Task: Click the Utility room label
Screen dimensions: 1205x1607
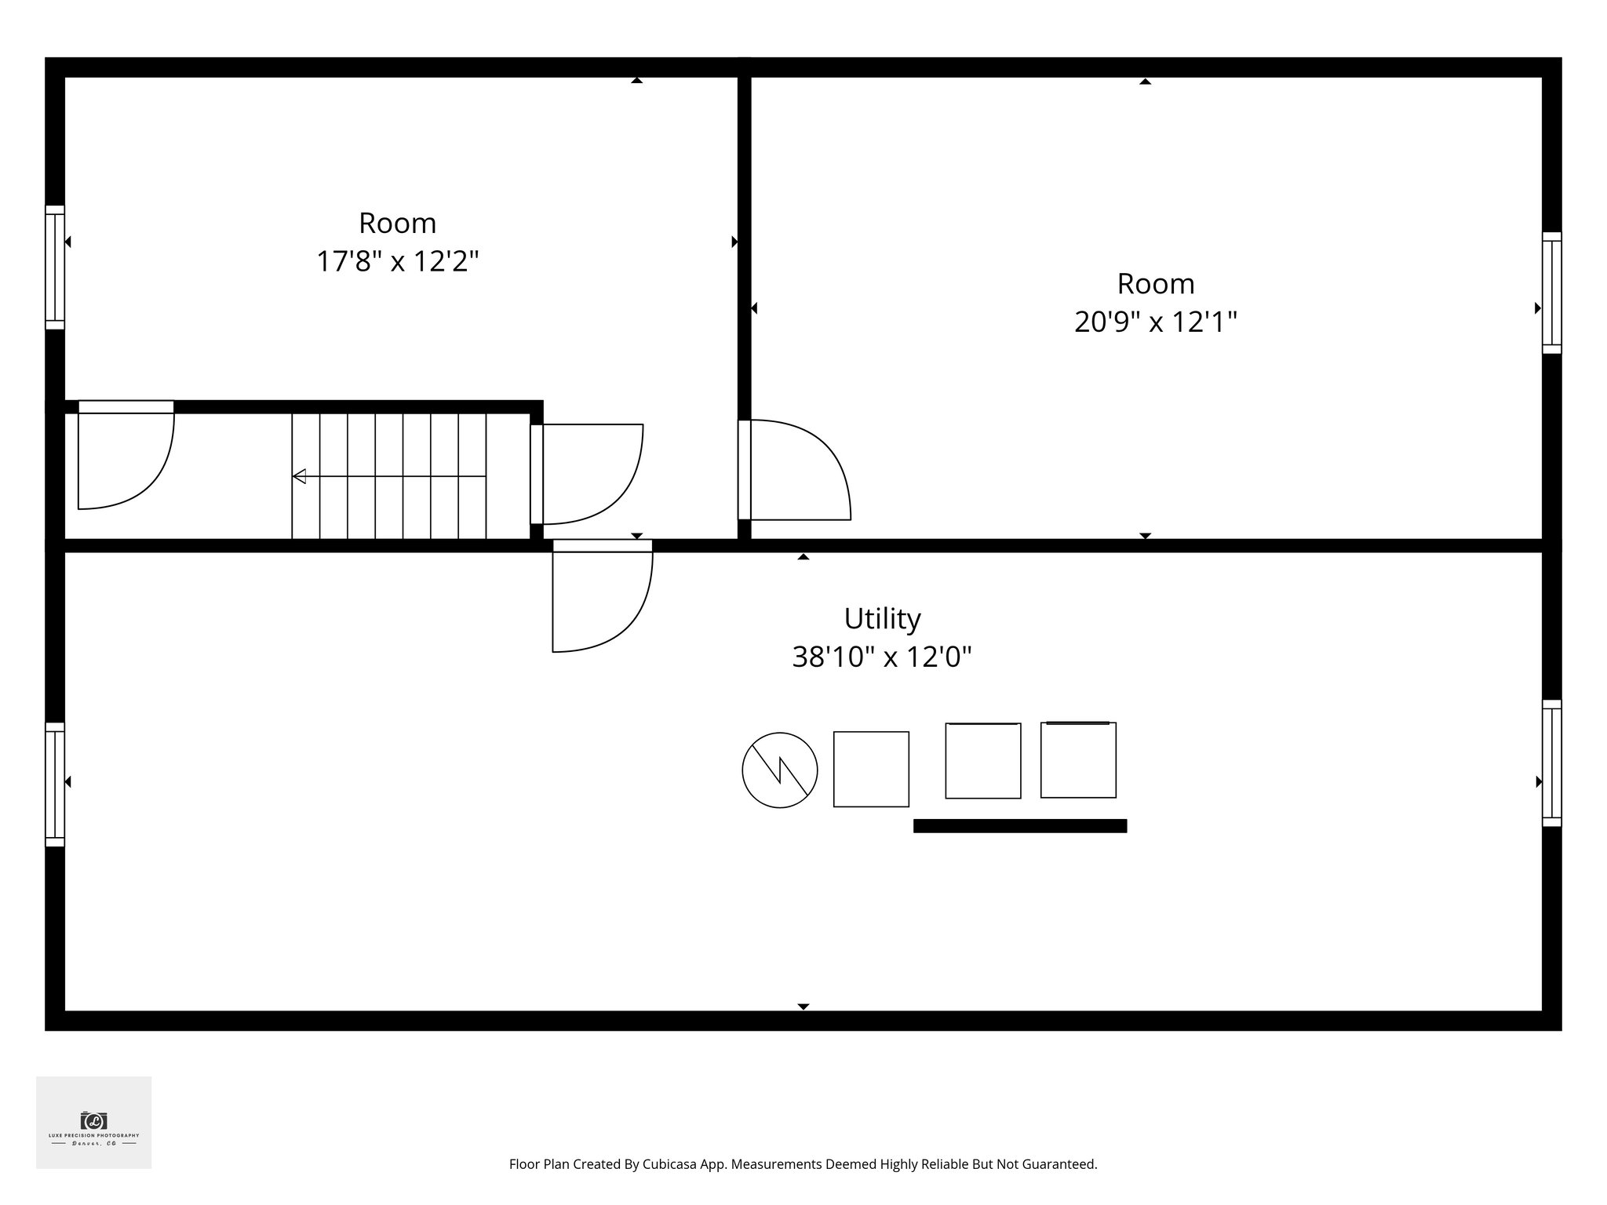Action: click(882, 619)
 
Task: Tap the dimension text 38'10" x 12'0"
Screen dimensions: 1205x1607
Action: click(882, 657)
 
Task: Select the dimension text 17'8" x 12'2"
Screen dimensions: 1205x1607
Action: click(397, 261)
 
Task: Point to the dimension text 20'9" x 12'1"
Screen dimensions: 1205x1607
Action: click(1155, 322)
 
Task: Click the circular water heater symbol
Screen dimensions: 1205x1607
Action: click(779, 770)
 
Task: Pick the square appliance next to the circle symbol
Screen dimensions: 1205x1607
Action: click(871, 769)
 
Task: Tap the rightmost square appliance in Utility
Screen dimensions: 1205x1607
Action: click(1078, 760)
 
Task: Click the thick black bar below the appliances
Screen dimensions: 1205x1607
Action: click(1020, 825)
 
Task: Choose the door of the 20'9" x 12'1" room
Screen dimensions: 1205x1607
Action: click(793, 471)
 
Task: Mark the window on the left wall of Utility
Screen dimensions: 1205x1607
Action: click(54, 784)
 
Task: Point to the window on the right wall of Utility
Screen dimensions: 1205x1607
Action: click(1551, 763)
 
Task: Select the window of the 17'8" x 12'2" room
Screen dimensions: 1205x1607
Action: click(54, 267)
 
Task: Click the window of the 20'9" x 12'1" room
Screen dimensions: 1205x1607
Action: click(1551, 293)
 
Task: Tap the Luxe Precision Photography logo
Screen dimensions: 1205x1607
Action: click(93, 1123)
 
